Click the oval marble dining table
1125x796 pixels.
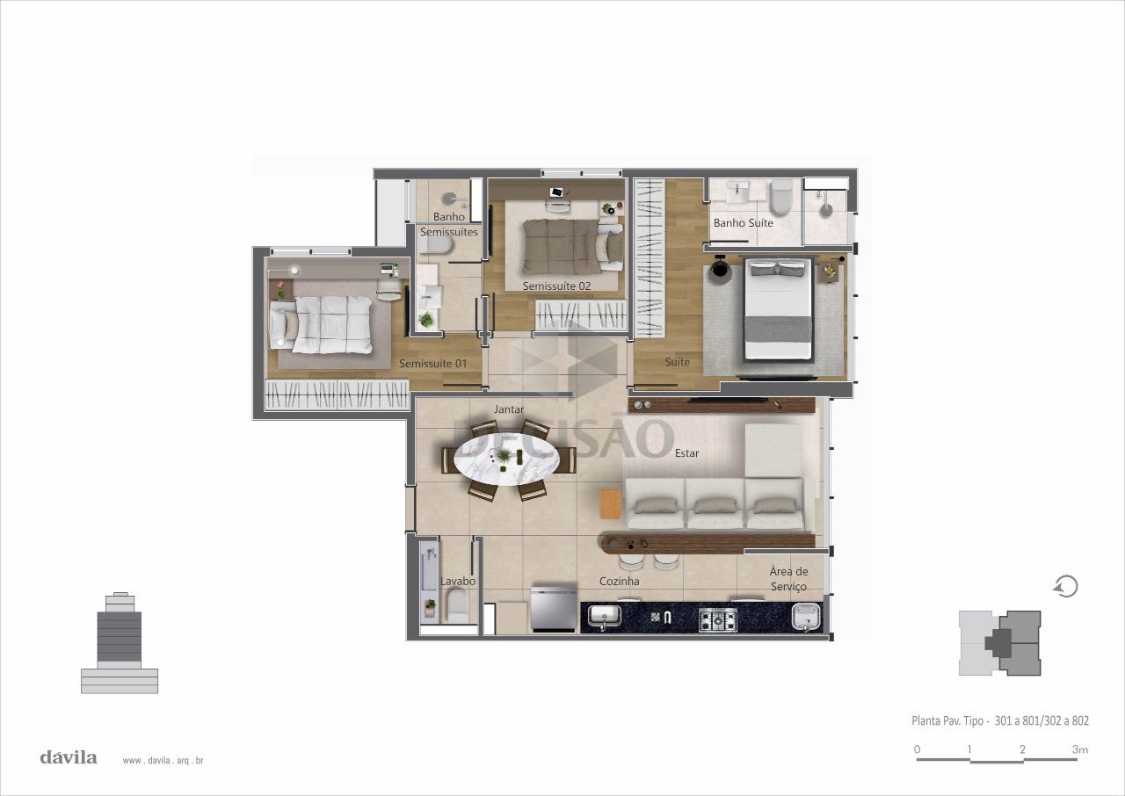click(507, 460)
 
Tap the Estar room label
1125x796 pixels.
click(686, 453)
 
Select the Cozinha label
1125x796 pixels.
click(620, 582)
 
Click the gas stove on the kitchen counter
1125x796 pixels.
click(718, 619)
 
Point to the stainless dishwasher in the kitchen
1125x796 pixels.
click(553, 607)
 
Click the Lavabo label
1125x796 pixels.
click(458, 582)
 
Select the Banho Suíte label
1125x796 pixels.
click(744, 223)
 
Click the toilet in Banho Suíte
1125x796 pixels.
click(781, 199)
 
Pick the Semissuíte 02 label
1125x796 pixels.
click(556, 286)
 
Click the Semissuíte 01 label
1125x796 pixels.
click(433, 364)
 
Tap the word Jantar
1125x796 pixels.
click(509, 409)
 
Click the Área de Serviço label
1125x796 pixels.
click(788, 579)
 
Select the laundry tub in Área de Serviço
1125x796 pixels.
click(806, 618)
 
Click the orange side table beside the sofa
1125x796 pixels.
click(611, 504)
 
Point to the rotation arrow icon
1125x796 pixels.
click(1066, 586)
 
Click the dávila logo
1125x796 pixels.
click(69, 757)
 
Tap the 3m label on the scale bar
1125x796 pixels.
click(1079, 749)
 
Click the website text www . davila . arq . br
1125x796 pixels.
click(163, 761)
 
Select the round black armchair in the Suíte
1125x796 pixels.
click(720, 269)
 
